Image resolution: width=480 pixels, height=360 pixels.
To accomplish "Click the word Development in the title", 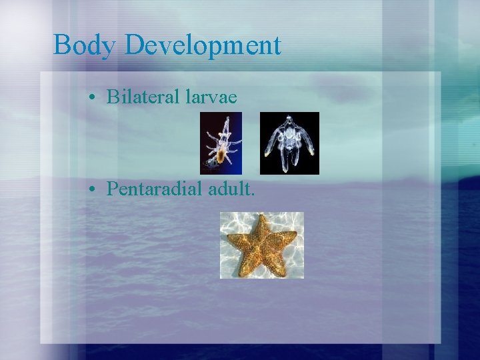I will click(x=203, y=46).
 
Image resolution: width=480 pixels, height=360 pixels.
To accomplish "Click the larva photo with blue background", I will click(x=221, y=143).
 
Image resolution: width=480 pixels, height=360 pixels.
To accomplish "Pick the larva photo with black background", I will click(x=289, y=143).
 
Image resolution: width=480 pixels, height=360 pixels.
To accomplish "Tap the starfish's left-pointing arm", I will click(x=234, y=237).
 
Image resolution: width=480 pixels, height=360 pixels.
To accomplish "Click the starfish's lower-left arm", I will click(x=243, y=265).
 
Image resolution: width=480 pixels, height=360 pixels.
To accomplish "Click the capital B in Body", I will click(x=61, y=46).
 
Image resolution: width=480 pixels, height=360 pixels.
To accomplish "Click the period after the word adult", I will click(x=253, y=194).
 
